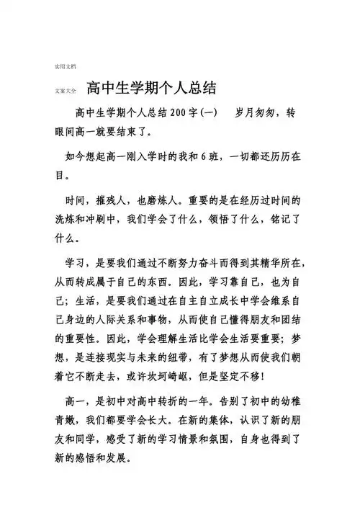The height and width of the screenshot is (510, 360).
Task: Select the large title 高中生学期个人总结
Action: [152, 89]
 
